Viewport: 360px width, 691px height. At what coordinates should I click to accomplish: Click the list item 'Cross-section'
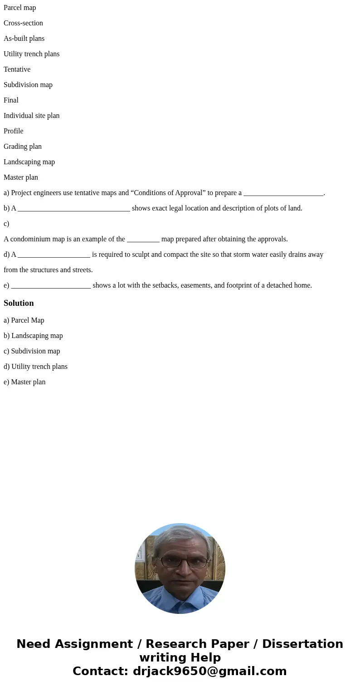tap(23, 23)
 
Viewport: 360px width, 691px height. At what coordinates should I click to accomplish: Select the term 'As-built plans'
tap(24, 39)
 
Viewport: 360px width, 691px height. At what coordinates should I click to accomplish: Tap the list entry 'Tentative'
tap(17, 69)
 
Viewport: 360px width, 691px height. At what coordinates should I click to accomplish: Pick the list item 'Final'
tap(11, 100)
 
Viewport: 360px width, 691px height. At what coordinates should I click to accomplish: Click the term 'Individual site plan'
tap(31, 116)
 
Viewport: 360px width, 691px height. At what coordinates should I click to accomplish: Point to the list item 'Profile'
tap(13, 131)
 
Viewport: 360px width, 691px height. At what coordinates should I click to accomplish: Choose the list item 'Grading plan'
tap(22, 147)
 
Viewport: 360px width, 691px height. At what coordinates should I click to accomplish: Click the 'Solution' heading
tap(19, 303)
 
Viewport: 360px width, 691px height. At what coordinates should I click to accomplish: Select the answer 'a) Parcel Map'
tap(24, 320)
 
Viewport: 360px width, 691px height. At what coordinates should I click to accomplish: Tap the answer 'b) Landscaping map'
tap(33, 336)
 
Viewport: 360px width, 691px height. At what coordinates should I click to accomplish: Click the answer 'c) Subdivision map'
tap(32, 351)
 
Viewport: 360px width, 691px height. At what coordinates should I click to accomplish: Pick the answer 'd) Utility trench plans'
tap(35, 367)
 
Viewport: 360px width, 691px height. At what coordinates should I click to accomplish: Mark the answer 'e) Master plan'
tap(24, 382)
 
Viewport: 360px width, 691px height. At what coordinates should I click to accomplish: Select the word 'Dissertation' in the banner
tap(302, 644)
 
